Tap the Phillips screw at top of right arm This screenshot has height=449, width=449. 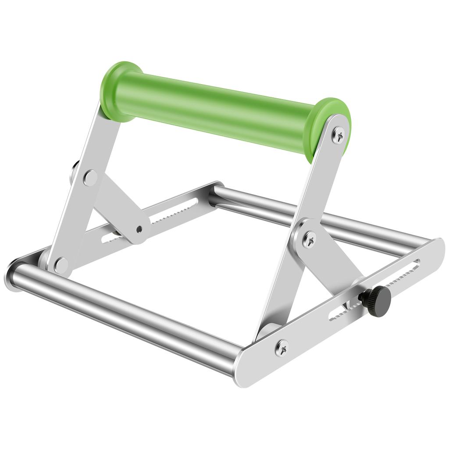(x=338, y=134)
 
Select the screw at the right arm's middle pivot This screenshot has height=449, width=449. (x=310, y=239)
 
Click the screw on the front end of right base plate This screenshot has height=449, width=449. (x=282, y=348)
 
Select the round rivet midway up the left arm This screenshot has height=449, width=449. (x=90, y=178)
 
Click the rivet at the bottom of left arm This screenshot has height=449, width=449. (x=61, y=265)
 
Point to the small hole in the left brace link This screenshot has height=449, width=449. (x=139, y=229)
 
